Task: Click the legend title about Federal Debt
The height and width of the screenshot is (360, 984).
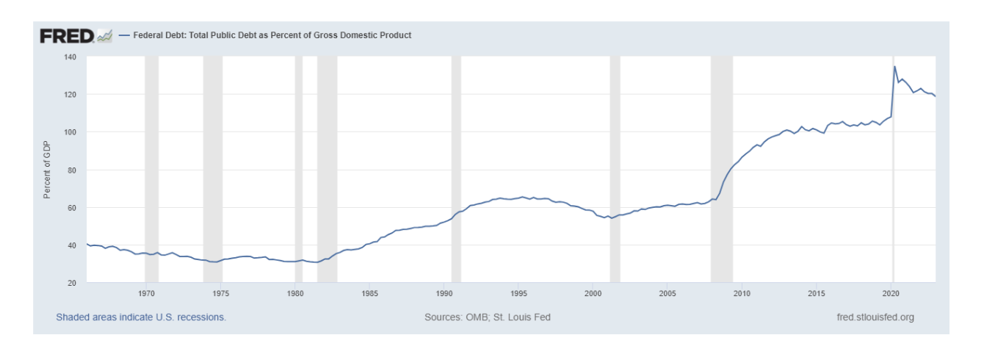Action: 272,35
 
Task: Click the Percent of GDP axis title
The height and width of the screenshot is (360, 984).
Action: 47,170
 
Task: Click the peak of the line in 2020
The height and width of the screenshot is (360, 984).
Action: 894,67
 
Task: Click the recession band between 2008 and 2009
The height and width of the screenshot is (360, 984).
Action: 722,169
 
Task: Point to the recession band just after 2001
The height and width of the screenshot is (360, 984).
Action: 615,169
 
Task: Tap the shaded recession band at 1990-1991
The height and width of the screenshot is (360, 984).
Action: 456,169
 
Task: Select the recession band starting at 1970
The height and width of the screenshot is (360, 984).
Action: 151,169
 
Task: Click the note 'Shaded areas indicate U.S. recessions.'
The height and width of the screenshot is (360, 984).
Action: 141,317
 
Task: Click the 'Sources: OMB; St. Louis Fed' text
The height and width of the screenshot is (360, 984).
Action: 488,317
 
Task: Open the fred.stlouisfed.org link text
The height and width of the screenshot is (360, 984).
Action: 875,317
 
